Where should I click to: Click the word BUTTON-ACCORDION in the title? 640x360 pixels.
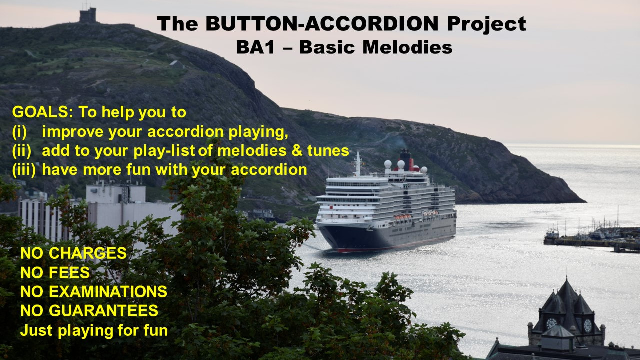click(x=322, y=23)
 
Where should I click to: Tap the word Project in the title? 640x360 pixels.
click(x=487, y=25)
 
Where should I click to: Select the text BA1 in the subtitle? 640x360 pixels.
click(x=255, y=47)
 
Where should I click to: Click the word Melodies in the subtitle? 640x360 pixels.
click(x=407, y=47)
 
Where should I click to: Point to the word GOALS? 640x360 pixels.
click(x=43, y=112)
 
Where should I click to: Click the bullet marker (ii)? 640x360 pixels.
click(x=21, y=151)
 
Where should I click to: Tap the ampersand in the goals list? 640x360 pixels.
click(x=297, y=151)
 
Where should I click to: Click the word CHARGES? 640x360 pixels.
click(x=87, y=253)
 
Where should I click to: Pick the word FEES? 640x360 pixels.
click(x=69, y=273)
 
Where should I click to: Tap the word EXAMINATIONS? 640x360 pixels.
click(x=108, y=292)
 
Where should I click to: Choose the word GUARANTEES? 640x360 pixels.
click(x=103, y=311)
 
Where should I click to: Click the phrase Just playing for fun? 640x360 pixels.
click(x=94, y=331)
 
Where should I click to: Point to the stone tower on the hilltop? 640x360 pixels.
click(x=87, y=15)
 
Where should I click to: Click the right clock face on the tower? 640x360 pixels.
click(x=587, y=326)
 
